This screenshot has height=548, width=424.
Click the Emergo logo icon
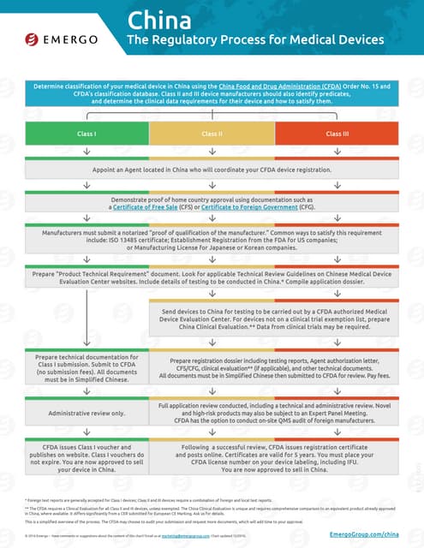click(x=32, y=39)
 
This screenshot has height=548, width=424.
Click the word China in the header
click(x=157, y=20)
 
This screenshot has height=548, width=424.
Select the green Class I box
click(x=87, y=134)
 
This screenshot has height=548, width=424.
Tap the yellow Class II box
click(x=212, y=134)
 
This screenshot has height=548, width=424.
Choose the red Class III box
click(x=337, y=134)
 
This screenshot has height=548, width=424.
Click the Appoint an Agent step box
click(x=212, y=170)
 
